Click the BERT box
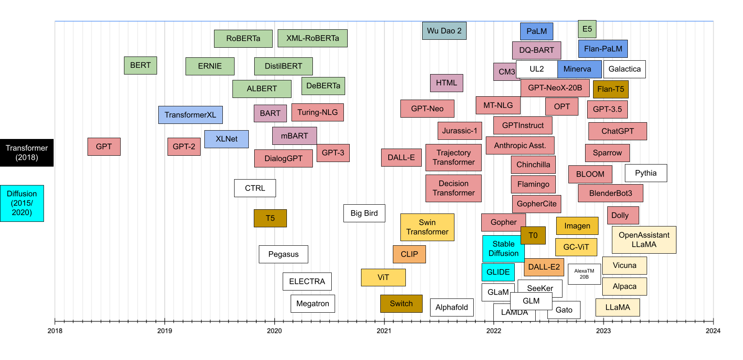tap(140, 66)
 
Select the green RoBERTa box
tap(243, 39)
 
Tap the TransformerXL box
tap(190, 115)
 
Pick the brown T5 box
tap(270, 218)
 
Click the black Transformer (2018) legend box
tap(27, 153)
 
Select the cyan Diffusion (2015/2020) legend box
tap(22, 203)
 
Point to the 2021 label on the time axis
tap(384, 331)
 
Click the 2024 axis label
tap(712, 331)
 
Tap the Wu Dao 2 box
tap(444, 31)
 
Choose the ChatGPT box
tap(617, 131)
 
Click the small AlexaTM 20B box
tap(584, 274)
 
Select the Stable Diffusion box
tap(503, 249)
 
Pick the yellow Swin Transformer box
tap(427, 227)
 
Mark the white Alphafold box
tap(451, 307)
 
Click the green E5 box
tap(587, 29)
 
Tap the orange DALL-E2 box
tap(544, 267)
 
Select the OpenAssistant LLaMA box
tap(644, 240)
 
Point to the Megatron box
tap(312, 303)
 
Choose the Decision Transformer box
tap(453, 188)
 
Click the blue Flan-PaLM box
tap(603, 49)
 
